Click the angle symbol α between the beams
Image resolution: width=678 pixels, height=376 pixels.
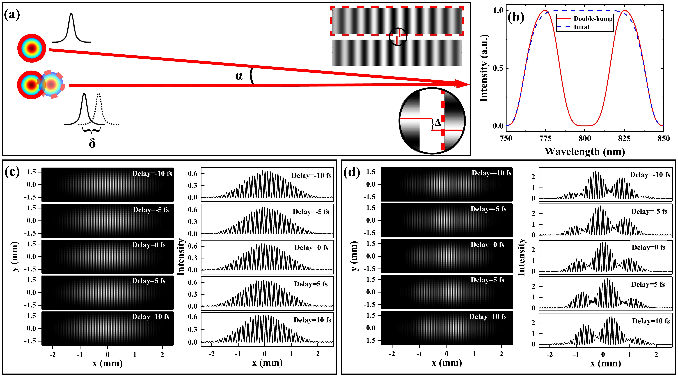point(239,76)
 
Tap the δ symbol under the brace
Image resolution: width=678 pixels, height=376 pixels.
point(92,143)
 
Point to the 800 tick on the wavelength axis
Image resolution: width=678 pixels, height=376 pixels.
point(585,138)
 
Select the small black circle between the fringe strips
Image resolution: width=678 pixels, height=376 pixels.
point(398,37)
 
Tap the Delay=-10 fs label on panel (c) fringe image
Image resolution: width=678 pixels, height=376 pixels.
point(152,174)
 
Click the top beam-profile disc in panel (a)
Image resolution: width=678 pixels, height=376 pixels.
point(32,48)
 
